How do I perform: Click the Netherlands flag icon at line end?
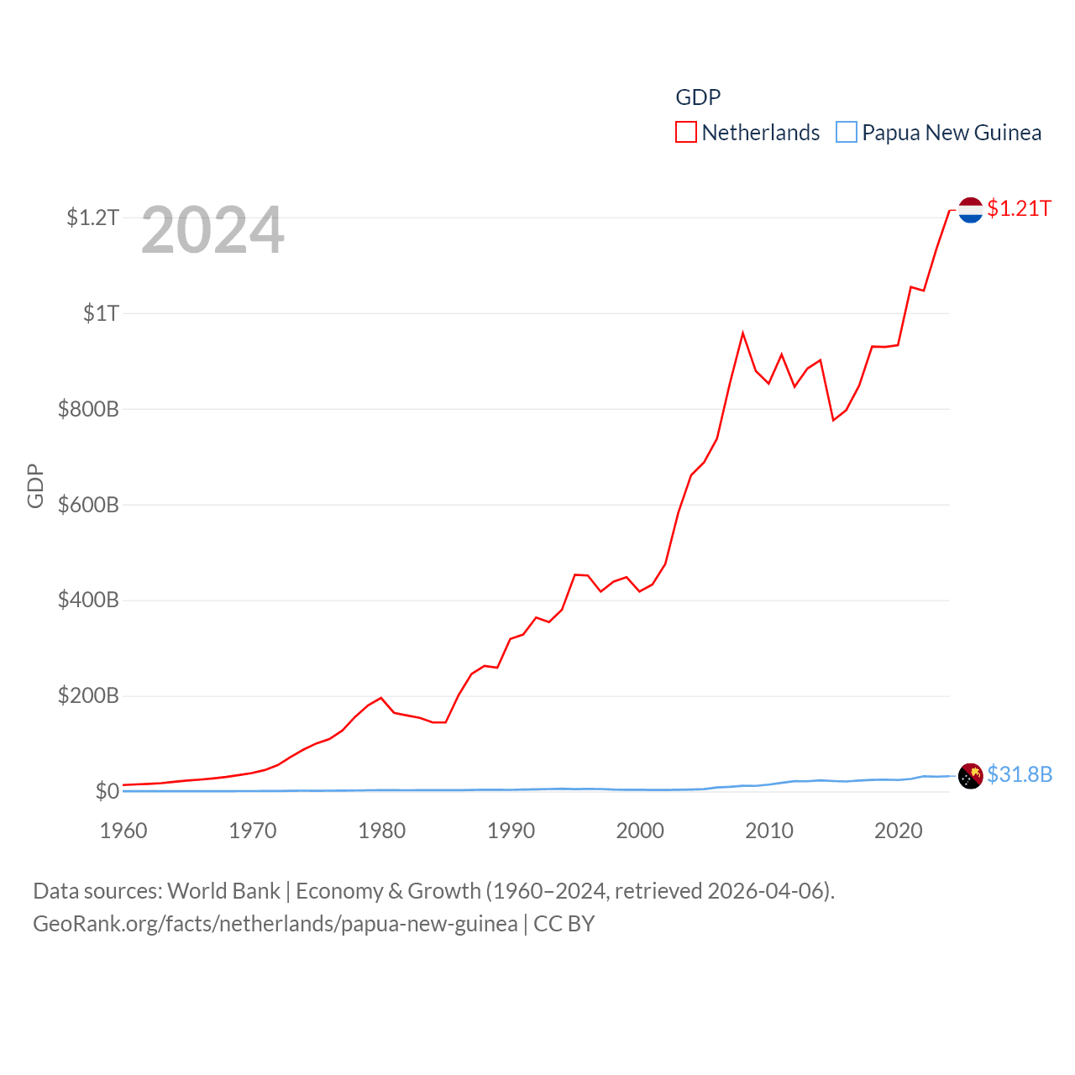click(970, 210)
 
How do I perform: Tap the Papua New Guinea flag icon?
click(970, 776)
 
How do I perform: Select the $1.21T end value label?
click(1019, 208)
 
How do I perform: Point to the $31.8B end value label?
click(1020, 774)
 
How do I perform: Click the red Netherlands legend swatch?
click(686, 133)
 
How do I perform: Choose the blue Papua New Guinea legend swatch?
click(847, 133)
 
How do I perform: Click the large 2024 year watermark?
click(212, 230)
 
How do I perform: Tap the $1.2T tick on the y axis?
click(92, 218)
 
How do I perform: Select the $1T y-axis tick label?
click(101, 313)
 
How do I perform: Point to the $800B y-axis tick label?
click(88, 409)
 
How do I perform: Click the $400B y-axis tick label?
click(88, 600)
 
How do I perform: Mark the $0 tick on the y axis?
click(107, 791)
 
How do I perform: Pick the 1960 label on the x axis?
click(123, 831)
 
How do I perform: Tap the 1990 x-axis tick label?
click(511, 831)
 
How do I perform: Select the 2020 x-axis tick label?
click(898, 831)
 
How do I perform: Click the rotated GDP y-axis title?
click(35, 485)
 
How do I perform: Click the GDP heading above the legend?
click(698, 97)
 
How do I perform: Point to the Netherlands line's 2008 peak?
click(742, 333)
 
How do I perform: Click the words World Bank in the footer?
click(223, 890)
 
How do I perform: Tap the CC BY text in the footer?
click(564, 924)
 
